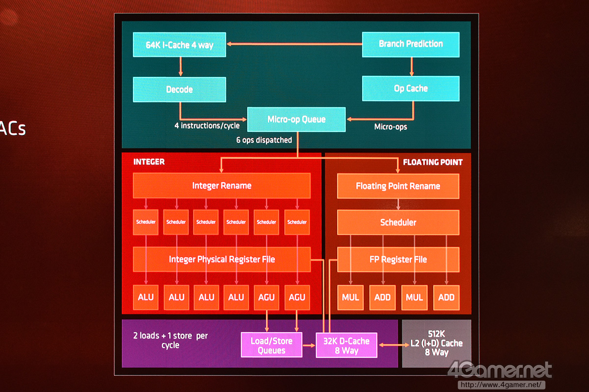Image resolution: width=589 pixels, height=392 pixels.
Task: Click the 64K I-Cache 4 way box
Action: coord(180,45)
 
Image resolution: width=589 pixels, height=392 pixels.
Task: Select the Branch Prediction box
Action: coord(411,44)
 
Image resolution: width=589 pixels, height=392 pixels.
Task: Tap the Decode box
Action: coord(180,90)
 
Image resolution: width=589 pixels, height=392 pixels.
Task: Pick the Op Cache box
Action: coord(411,89)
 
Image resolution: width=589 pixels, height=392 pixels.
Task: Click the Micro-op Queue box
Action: coord(296,120)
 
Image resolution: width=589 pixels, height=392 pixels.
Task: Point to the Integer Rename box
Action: coord(222,186)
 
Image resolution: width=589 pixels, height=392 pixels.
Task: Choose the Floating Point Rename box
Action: coord(398,186)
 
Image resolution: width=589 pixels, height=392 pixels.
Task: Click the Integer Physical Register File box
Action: coord(222,259)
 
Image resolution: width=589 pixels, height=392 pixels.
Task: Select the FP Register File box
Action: coord(398,259)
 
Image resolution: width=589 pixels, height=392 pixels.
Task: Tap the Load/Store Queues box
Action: coord(271,345)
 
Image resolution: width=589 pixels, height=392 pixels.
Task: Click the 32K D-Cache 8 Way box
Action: coord(346,345)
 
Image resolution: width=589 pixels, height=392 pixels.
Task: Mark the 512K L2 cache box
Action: coord(436,343)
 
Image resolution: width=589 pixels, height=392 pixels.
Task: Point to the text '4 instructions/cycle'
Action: coord(207,126)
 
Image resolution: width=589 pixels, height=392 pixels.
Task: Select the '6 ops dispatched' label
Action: coord(264,140)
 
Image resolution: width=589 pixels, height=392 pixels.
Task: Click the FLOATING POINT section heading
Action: coord(432,162)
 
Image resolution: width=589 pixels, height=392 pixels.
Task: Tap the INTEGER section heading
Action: coord(149,162)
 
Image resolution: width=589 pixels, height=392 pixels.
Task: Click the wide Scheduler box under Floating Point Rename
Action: coord(398,222)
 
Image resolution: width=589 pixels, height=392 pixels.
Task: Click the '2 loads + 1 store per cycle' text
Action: coord(170,341)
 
